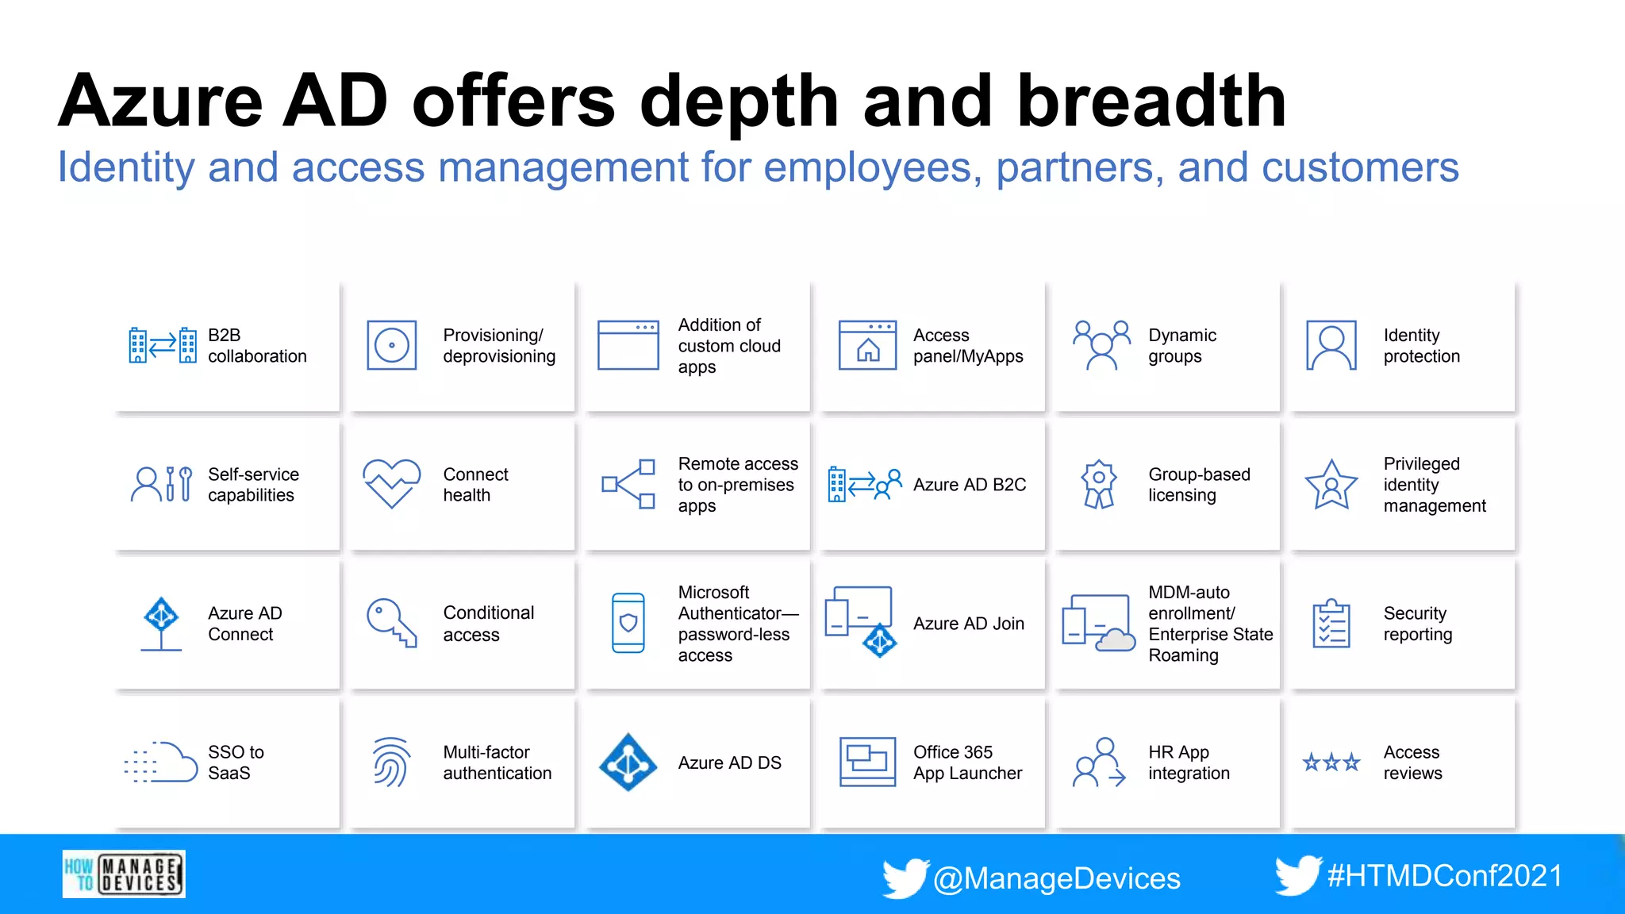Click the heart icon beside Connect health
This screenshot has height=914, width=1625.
point(391,483)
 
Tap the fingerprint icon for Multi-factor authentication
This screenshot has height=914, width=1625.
point(391,762)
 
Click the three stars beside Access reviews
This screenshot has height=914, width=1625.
point(1331,762)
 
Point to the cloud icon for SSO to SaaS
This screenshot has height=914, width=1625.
point(162,762)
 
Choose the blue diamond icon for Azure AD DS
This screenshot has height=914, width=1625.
point(628,762)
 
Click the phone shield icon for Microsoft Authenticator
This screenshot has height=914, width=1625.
point(628,623)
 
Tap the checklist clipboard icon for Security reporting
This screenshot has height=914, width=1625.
point(1331,624)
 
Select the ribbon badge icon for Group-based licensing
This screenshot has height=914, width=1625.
point(1098,484)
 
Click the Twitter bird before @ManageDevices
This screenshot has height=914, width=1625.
point(905,878)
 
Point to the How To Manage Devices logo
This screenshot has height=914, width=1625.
point(124,874)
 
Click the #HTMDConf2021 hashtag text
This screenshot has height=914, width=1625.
point(1445,876)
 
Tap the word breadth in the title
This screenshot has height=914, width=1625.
point(1151,101)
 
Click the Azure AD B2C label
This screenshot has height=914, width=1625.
point(970,485)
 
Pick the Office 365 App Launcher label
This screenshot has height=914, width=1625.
point(967,762)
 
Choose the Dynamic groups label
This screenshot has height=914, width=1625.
point(1181,346)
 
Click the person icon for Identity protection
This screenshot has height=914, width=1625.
point(1331,346)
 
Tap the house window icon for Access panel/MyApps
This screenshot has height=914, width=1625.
point(868,346)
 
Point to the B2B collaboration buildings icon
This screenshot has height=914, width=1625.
point(163,346)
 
